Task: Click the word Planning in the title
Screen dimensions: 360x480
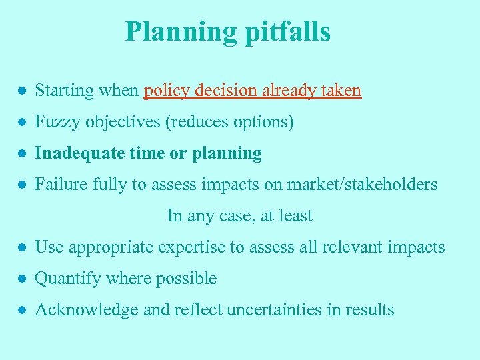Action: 180,32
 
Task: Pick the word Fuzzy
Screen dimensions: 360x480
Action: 55,122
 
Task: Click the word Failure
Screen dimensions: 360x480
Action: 58,185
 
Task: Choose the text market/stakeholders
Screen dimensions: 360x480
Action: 363,185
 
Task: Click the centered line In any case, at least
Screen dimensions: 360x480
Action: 239,216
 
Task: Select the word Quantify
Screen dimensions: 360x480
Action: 64,279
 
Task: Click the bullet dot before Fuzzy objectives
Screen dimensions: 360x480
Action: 22,123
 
